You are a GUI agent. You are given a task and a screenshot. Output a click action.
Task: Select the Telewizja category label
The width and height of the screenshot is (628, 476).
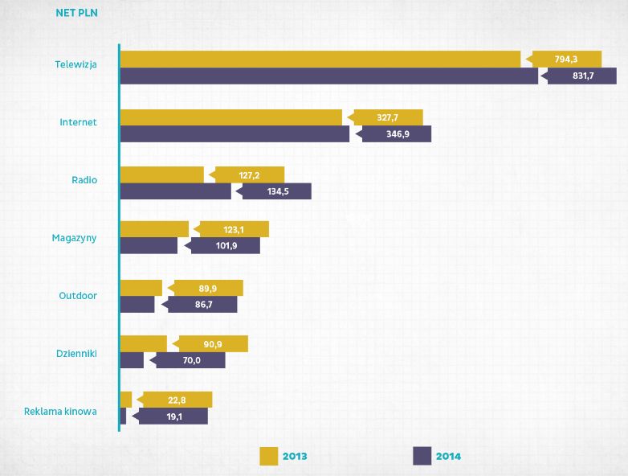pyautogui.click(x=75, y=65)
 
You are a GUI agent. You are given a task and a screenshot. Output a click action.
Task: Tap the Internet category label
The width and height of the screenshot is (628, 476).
pyautogui.click(x=79, y=122)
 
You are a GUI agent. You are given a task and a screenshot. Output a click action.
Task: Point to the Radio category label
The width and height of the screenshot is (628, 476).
pyautogui.click(x=84, y=179)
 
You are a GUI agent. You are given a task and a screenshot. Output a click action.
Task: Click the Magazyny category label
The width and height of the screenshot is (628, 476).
pyautogui.click(x=74, y=237)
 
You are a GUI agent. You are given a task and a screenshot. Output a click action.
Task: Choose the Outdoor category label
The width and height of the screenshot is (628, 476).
pyautogui.click(x=78, y=295)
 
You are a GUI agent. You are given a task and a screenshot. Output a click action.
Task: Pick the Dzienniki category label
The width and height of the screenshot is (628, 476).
pyautogui.click(x=76, y=353)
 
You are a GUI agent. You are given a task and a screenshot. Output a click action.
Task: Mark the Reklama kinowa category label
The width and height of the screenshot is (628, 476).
pyautogui.click(x=61, y=411)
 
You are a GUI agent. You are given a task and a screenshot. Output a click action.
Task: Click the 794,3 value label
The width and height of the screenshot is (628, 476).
pyautogui.click(x=566, y=59)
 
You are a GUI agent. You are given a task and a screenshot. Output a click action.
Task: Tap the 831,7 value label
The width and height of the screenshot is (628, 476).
pyautogui.click(x=581, y=76)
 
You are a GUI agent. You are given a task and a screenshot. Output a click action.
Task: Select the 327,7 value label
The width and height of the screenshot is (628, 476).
pyautogui.click(x=388, y=117)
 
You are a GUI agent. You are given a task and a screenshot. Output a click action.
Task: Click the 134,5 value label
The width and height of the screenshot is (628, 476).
pyautogui.click(x=276, y=191)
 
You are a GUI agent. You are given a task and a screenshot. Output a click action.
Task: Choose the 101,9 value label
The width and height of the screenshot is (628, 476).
pyautogui.click(x=225, y=246)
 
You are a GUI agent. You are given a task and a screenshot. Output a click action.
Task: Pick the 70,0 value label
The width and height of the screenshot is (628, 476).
pyautogui.click(x=190, y=360)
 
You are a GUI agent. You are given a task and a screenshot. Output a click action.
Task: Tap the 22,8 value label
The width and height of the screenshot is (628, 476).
pyautogui.click(x=177, y=400)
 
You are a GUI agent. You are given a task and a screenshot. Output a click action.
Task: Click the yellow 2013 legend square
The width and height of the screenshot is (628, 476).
pyautogui.click(x=268, y=456)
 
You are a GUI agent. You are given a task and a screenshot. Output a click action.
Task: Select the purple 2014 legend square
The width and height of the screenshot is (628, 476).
pyautogui.click(x=422, y=456)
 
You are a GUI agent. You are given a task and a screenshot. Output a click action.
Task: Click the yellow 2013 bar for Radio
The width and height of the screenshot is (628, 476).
pyautogui.click(x=161, y=174)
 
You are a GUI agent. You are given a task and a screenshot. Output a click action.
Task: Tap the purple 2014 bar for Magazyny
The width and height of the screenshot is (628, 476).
pyautogui.click(x=149, y=246)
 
